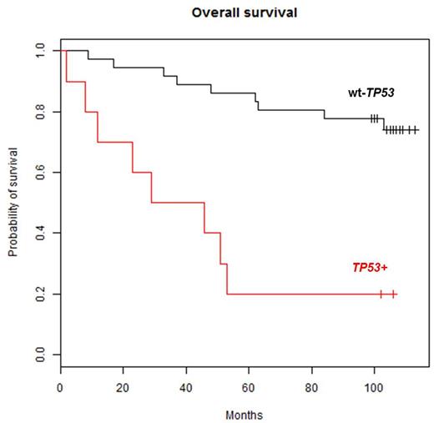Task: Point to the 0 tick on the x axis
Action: tap(60, 388)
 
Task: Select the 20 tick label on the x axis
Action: tap(123, 388)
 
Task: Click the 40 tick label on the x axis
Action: tap(185, 388)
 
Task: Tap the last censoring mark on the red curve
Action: tap(393, 295)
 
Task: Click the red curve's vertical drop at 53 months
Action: tap(226, 279)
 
